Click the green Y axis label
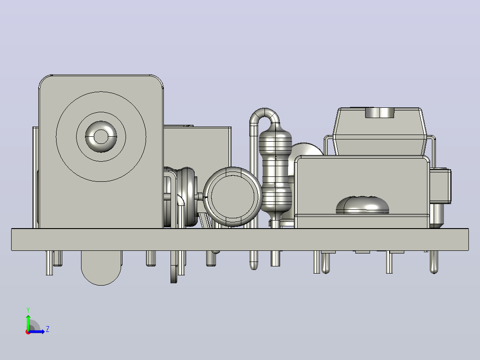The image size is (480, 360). tap(28, 310)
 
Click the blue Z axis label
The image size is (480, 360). tap(48, 329)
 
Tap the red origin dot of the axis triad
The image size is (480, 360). tap(28, 332)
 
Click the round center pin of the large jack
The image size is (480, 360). tap(101, 136)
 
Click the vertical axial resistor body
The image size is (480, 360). tap(275, 170)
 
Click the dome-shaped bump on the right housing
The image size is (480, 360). tap(362, 205)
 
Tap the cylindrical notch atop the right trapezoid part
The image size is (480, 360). tap(379, 112)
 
